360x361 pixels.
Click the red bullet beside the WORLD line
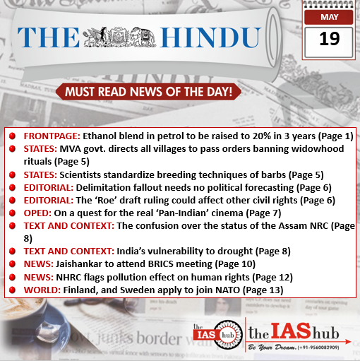(x=13, y=289)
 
